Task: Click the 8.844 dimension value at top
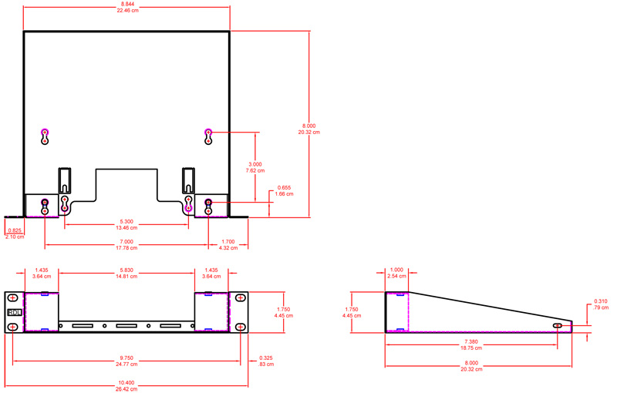126,5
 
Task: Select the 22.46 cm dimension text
126,12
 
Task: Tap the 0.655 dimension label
284,187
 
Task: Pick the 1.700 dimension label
229,241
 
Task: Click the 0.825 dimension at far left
14,230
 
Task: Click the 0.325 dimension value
266,358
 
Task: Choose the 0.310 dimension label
600,301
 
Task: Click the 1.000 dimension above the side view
396,270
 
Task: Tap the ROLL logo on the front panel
14,312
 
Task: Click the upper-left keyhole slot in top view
45,136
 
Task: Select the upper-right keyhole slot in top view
208,136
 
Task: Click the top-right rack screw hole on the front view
241,297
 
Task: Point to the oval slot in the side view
558,326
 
